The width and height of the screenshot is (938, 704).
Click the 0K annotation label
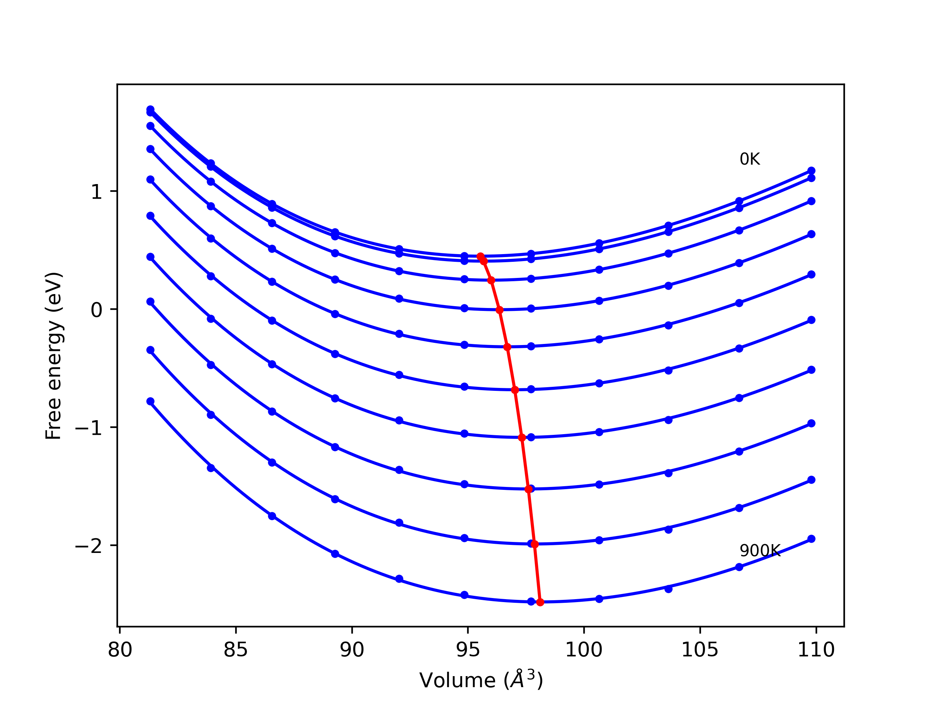750,159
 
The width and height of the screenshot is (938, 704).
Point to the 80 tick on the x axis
120,650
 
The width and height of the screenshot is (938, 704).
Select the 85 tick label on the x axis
236,650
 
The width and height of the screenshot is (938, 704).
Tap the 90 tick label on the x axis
352,650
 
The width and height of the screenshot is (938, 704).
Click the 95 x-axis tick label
468,650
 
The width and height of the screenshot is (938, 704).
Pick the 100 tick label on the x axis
584,650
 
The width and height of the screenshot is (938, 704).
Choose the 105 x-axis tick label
700,650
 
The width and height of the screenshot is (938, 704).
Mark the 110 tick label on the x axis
816,650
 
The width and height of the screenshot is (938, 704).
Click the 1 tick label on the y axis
97,192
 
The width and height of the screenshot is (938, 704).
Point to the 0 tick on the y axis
97,310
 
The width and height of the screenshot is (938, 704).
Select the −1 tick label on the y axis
89,428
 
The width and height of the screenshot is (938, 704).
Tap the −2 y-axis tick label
89,546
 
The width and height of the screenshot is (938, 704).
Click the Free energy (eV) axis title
54,356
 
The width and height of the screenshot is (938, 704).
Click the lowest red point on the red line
540,602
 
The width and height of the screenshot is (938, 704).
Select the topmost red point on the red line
480,256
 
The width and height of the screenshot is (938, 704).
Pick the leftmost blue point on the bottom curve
151,401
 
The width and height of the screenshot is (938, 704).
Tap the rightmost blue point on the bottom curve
811,539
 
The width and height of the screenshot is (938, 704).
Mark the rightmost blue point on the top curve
811,170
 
